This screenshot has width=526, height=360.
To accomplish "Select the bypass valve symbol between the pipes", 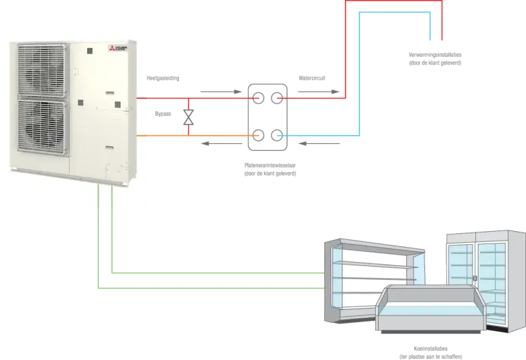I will coord(187,116).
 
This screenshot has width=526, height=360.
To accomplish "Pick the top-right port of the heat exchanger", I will coord(278,97).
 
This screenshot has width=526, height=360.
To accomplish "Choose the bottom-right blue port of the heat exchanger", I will coord(278,134).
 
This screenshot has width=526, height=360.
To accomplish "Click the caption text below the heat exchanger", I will coord(270,169).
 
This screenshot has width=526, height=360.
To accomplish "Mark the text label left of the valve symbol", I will coord(163,113).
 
